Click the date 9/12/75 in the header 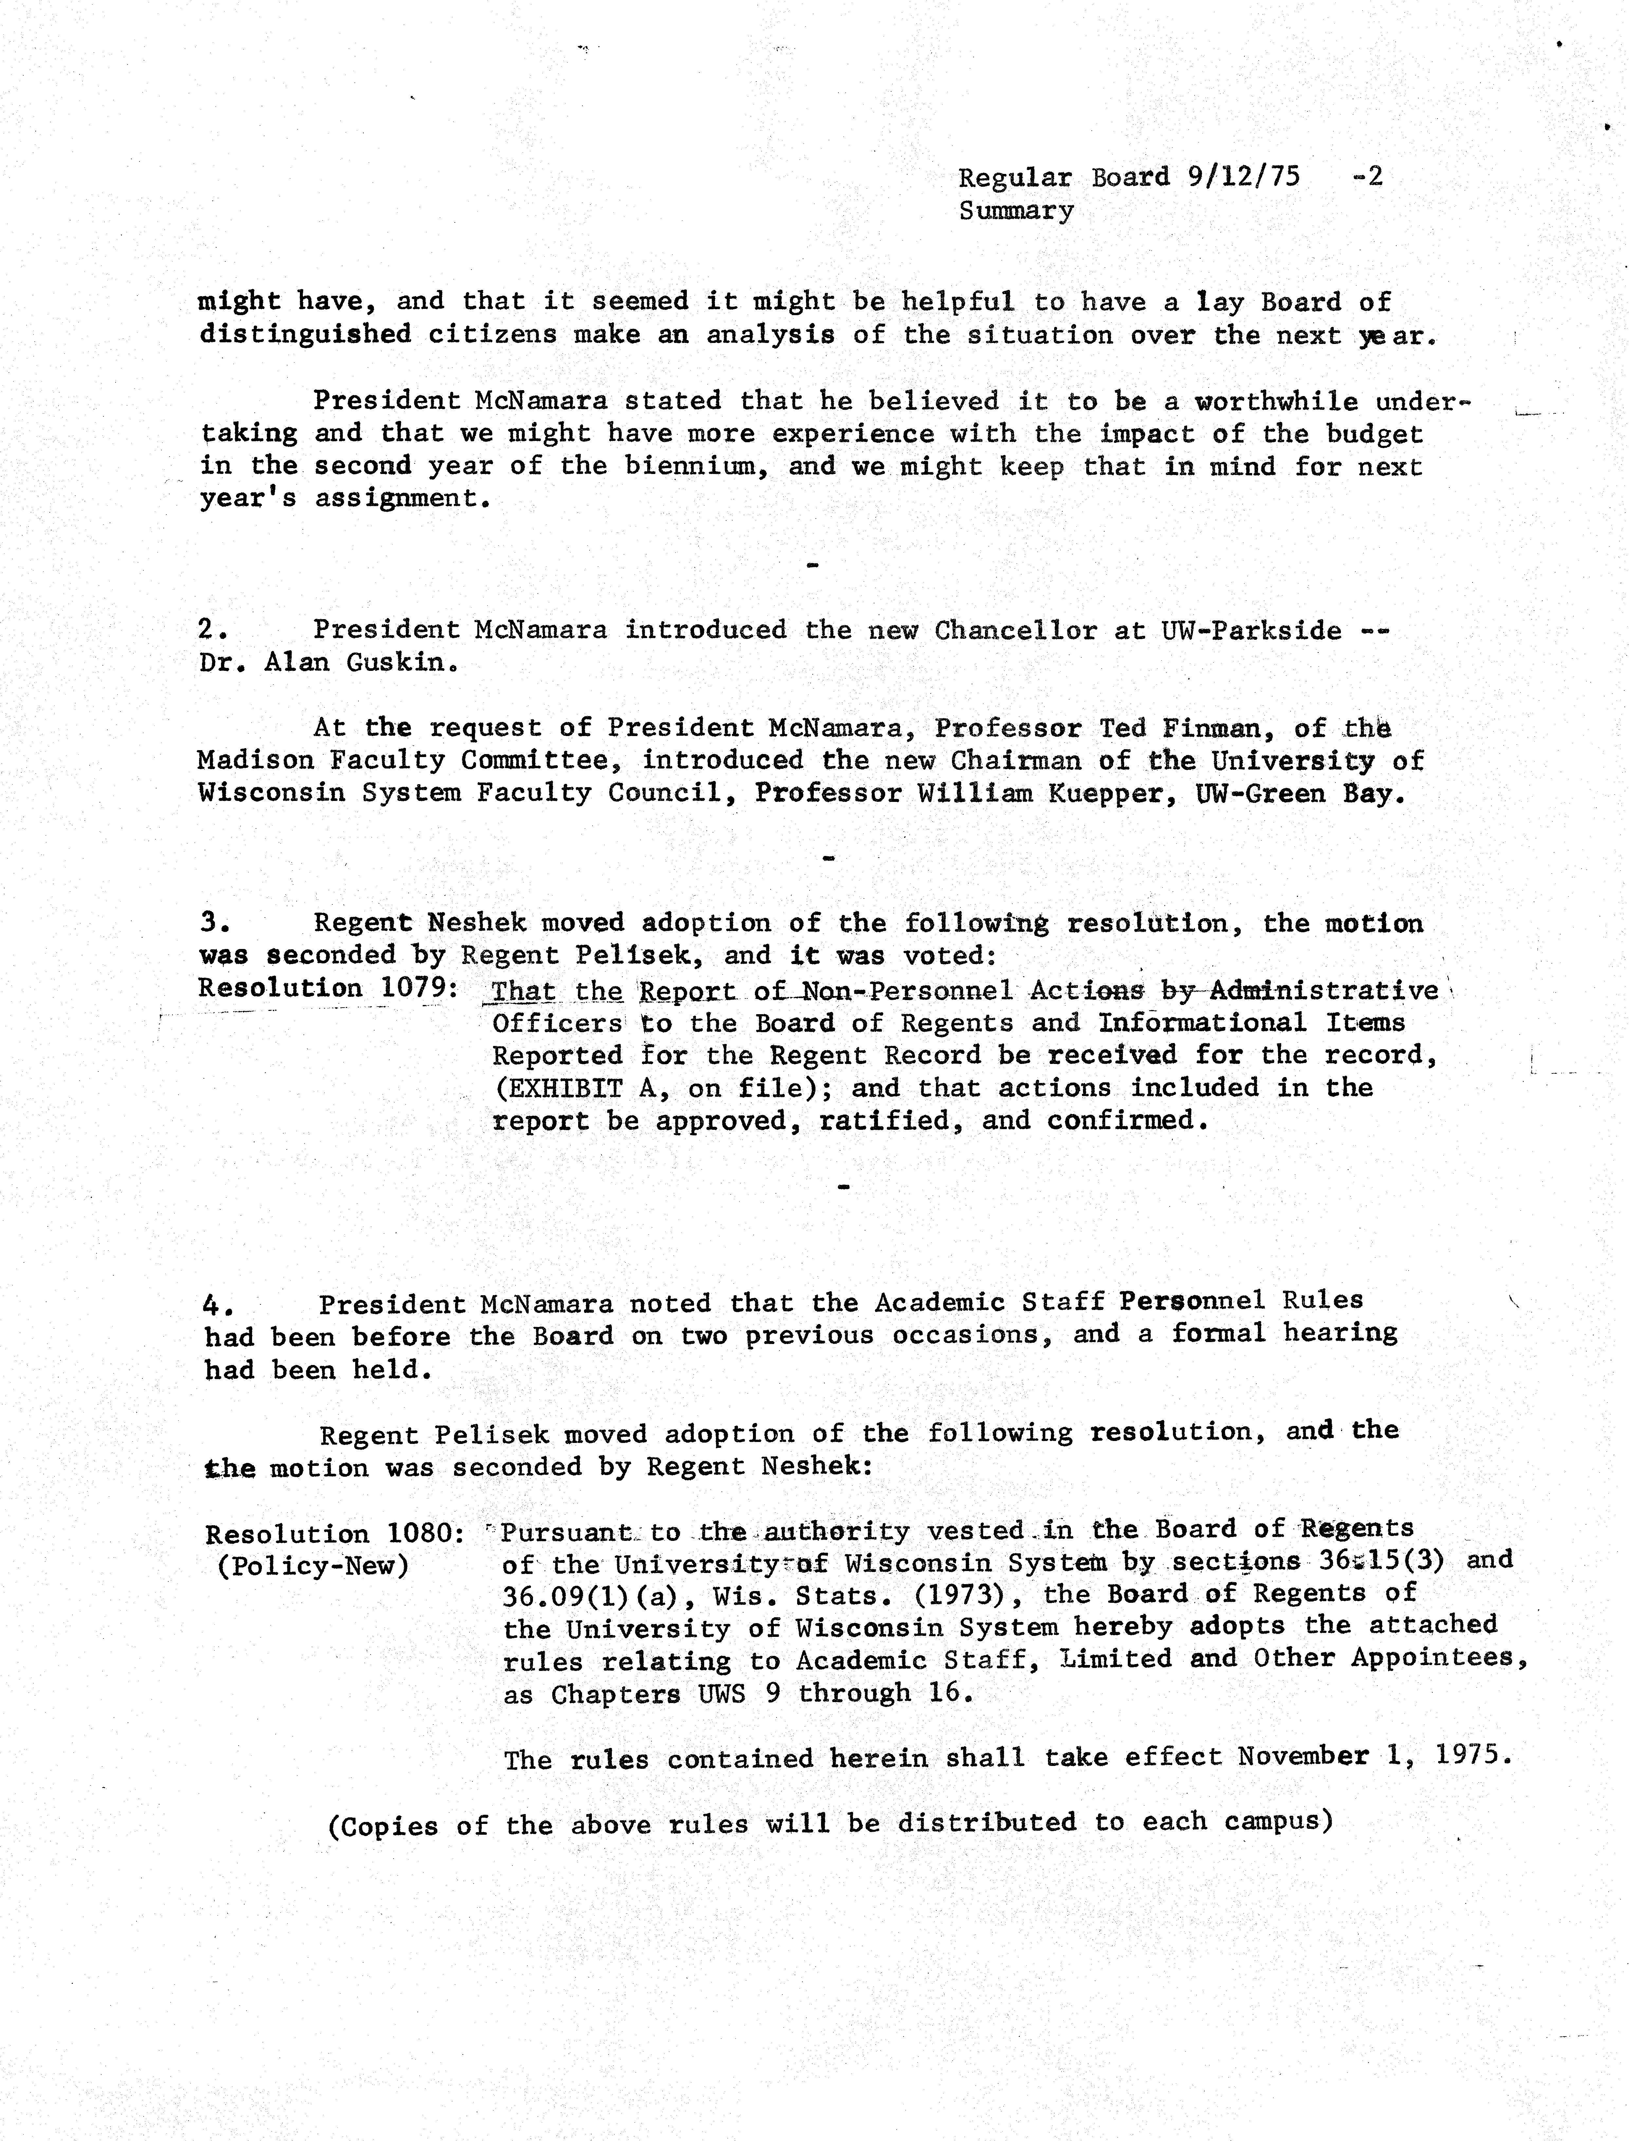coord(1243,178)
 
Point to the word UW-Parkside coord(1251,631)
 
